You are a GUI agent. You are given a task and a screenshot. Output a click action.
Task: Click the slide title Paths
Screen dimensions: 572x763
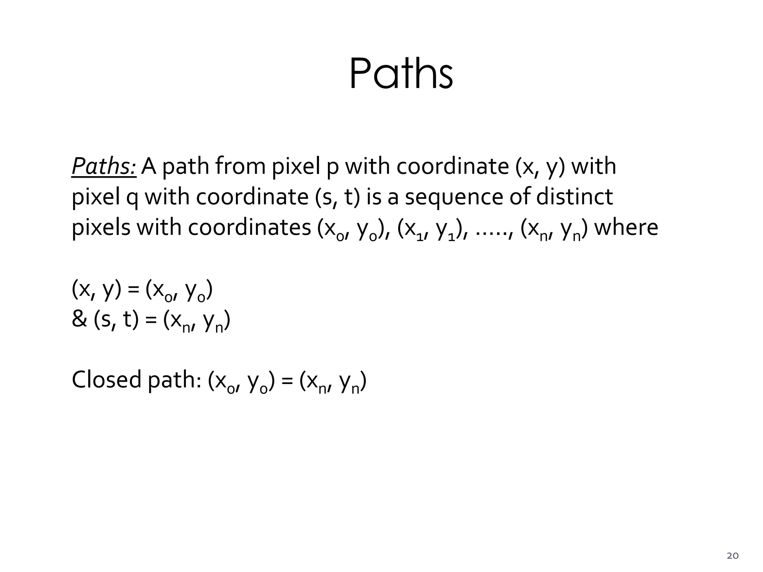401,74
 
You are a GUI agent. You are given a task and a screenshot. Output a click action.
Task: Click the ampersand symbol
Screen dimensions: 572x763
79,320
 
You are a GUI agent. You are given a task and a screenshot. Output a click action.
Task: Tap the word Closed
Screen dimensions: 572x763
107,380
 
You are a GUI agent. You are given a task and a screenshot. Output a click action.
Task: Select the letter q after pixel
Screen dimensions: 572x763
132,198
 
